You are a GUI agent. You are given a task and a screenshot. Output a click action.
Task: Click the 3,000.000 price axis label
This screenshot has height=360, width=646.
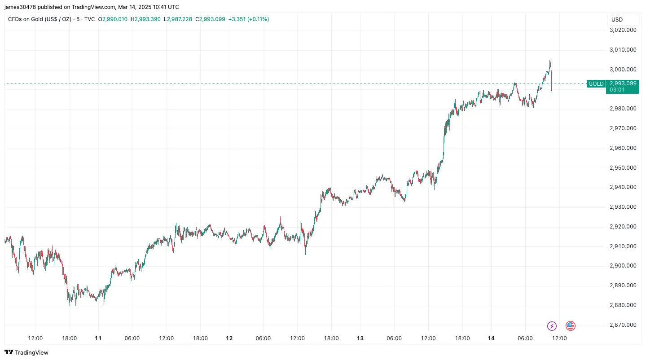coord(623,69)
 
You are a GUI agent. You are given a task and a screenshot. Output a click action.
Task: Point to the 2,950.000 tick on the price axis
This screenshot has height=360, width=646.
coord(623,167)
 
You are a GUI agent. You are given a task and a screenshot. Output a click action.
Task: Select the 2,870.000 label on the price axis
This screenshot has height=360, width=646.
coord(623,325)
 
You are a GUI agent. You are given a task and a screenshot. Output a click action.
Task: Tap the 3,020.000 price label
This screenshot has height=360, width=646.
coord(623,30)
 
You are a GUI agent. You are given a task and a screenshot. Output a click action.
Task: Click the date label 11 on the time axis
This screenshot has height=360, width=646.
coord(98,338)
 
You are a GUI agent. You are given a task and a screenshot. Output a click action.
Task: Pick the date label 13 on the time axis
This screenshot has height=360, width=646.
coord(360,338)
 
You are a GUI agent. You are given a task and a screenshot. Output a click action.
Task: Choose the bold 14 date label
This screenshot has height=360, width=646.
coord(491,338)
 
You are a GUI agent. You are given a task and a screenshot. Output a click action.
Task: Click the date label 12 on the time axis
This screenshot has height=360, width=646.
coord(229,338)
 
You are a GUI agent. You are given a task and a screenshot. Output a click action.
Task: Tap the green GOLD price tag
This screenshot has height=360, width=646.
coord(596,83)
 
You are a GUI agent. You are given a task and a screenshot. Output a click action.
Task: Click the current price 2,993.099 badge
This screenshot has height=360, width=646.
coord(623,87)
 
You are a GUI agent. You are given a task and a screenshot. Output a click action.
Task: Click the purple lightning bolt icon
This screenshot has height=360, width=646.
coord(552,326)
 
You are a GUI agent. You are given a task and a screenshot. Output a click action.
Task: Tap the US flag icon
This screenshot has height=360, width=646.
coord(571,326)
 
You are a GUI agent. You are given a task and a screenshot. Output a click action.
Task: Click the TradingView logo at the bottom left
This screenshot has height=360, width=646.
coord(26,352)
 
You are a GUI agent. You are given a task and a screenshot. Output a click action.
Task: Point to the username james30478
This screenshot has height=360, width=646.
coord(20,7)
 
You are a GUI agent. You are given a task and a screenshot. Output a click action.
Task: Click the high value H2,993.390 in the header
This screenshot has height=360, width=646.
coord(145,19)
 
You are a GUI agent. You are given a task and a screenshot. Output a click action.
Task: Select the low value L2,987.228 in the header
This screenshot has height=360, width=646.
coord(178,19)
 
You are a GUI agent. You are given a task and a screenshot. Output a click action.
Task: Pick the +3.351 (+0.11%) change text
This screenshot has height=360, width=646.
coord(249,19)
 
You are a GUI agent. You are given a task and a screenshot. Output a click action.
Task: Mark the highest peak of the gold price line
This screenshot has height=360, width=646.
coord(550,61)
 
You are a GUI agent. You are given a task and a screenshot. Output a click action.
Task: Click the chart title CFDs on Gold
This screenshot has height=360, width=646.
coord(26,19)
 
